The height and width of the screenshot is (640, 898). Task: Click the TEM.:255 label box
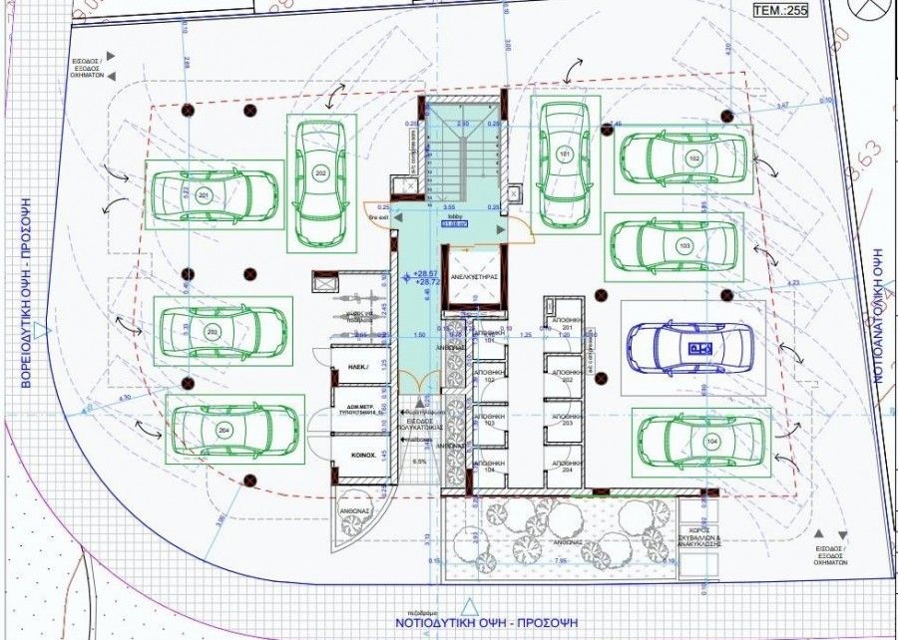pyautogui.click(x=781, y=12)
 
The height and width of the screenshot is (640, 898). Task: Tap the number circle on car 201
pyautogui.click(x=204, y=193)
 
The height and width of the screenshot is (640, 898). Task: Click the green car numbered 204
pyautogui.click(x=233, y=428)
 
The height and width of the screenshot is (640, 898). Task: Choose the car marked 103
pyautogui.click(x=675, y=246)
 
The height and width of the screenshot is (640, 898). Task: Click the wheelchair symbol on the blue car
pyautogui.click(x=694, y=347)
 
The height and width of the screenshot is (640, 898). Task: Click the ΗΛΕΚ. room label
pyautogui.click(x=360, y=368)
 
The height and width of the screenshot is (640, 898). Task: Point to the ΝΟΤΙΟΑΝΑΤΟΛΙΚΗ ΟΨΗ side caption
pyautogui.click(x=882, y=319)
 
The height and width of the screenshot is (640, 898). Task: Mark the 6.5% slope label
pyautogui.click(x=419, y=462)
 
